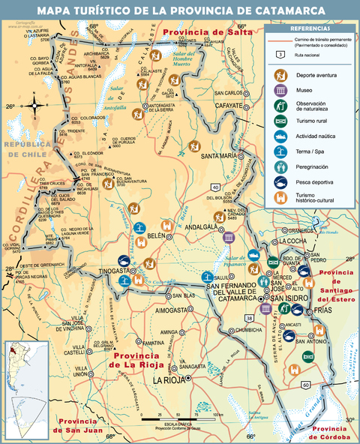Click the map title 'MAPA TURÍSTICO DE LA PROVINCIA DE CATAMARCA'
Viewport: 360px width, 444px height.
tap(180, 10)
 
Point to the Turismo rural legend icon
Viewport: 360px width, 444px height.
tap(280, 121)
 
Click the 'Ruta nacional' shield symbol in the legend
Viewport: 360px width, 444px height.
tap(280, 54)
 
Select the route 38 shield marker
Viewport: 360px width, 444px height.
tap(248, 319)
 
